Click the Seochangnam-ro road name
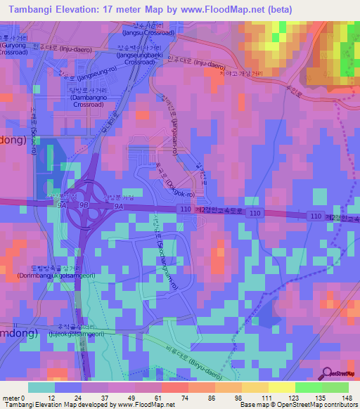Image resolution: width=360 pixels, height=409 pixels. (157, 243)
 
